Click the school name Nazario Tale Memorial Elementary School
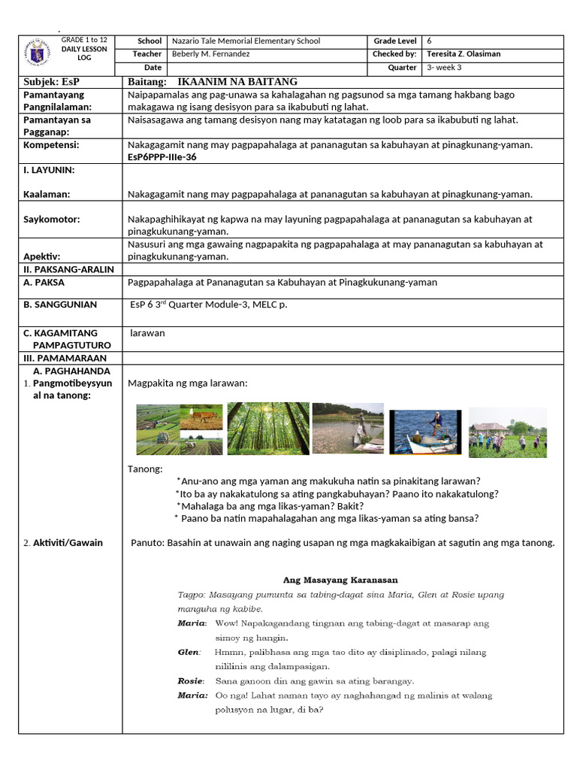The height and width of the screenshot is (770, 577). point(246,41)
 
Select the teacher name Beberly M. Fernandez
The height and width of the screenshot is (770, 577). point(210,54)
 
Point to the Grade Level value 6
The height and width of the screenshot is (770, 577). point(429,41)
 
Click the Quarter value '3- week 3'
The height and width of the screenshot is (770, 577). point(445,68)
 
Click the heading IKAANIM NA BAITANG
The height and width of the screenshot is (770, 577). point(237,81)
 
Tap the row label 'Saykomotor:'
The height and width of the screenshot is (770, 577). point(52,220)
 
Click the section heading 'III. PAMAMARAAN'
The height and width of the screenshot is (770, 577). point(65,359)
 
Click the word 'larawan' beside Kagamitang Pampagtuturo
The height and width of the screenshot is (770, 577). point(147,332)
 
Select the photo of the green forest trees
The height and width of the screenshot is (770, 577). point(268,429)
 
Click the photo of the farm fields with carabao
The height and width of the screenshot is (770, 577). point(179,429)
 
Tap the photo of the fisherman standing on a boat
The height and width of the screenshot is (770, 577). point(424,432)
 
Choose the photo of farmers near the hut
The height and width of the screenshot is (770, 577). point(508,432)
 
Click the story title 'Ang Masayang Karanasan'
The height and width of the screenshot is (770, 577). point(340,580)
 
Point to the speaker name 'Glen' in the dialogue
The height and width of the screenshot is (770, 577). point(188,652)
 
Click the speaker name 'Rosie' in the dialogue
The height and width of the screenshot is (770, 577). point(190,681)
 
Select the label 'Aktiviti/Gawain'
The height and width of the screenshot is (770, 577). point(68,542)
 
